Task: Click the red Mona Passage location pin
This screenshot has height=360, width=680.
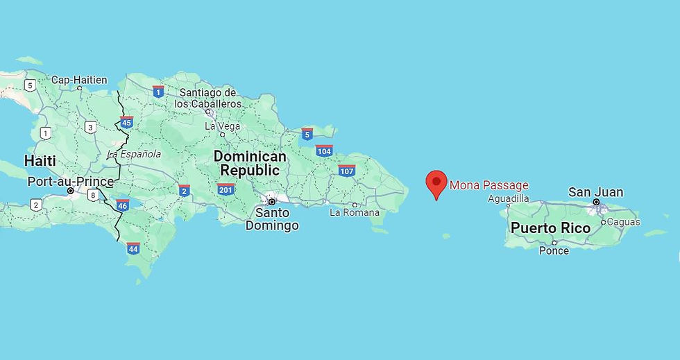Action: pos(436,183)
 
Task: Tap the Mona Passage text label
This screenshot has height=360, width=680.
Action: pos(488,185)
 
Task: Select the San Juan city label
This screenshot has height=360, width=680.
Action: pos(595,192)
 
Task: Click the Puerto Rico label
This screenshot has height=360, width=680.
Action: pos(550,228)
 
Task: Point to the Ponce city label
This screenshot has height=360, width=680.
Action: pos(554,250)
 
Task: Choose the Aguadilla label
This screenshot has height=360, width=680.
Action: pos(509,198)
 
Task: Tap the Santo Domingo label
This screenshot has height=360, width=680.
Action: pos(272,218)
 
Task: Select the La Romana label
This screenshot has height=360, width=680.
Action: pos(355,212)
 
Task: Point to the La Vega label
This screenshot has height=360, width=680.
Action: pos(222,126)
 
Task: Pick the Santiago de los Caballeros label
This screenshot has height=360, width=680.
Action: pos(207,98)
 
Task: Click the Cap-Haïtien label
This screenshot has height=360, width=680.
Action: pos(79,80)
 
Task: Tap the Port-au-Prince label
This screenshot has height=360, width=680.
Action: pos(70,182)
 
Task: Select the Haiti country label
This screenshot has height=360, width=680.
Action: pos(40,161)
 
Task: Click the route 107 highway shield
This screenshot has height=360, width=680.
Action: pos(347,171)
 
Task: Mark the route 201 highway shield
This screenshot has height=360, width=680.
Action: pos(226,189)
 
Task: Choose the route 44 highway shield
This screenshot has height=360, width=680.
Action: pos(133,247)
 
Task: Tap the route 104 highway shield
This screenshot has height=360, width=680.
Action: pos(324,151)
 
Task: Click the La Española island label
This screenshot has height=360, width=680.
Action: pos(134,154)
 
